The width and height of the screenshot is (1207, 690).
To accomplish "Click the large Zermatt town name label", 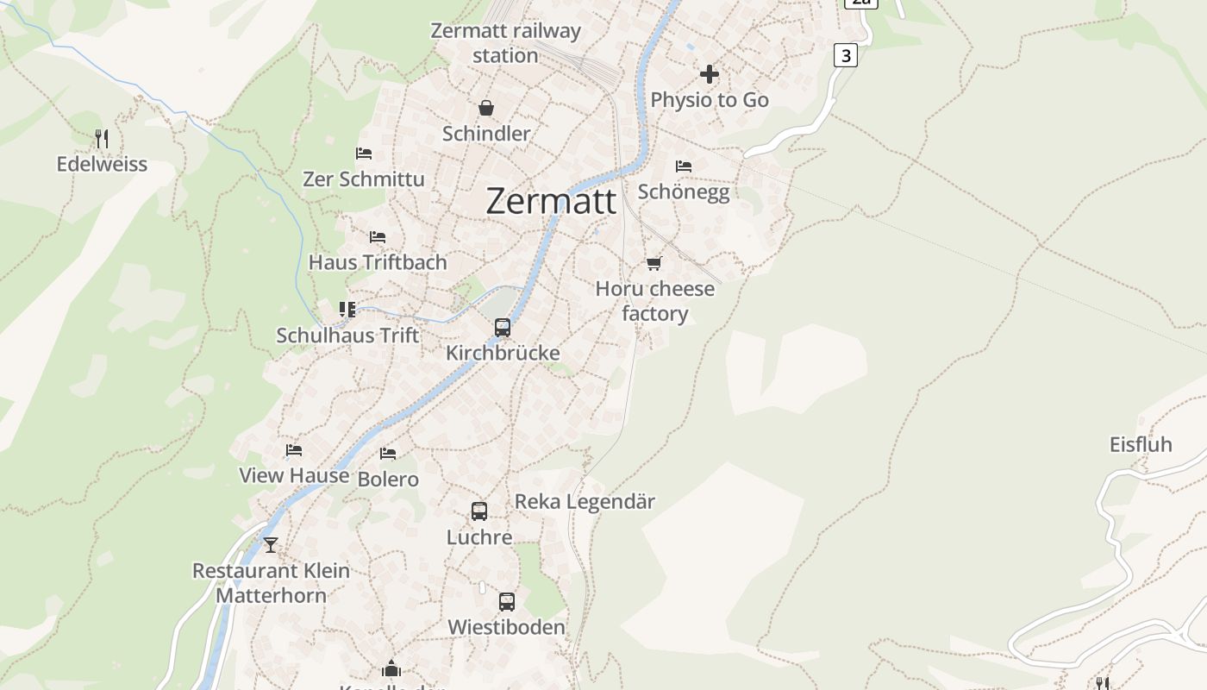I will (x=551, y=201).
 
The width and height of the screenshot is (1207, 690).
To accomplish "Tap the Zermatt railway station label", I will (x=505, y=43).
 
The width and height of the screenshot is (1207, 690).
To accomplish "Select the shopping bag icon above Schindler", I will (x=486, y=108).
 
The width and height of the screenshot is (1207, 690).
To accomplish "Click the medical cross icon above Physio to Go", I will (x=710, y=74).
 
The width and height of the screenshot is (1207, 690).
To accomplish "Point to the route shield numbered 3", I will (x=846, y=56).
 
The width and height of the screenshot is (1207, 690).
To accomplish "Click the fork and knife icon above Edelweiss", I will (x=102, y=138).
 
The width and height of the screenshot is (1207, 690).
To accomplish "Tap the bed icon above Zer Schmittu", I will (x=364, y=154).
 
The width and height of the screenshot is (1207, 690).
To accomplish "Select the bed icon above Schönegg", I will (x=684, y=166).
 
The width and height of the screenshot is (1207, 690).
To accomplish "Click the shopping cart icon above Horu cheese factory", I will (x=654, y=263).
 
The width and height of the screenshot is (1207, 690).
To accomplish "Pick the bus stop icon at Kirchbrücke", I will (x=503, y=328).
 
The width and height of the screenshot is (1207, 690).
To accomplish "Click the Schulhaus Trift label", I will (x=347, y=336).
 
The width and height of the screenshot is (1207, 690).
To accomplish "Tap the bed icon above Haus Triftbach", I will (x=378, y=236).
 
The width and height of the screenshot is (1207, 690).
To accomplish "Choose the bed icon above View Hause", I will (x=294, y=450).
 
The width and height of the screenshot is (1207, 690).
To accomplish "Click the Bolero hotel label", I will (x=388, y=480).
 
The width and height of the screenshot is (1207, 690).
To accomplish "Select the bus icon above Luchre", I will (x=479, y=511).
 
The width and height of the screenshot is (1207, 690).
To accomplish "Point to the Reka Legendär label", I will (x=585, y=501).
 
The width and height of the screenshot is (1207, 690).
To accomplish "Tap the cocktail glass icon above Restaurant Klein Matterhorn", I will (x=271, y=545).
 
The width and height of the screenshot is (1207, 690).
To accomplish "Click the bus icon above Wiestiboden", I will (x=507, y=602).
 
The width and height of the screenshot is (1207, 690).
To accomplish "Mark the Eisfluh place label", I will (x=1141, y=445).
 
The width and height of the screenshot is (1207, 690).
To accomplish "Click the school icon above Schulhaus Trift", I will (x=347, y=310).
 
